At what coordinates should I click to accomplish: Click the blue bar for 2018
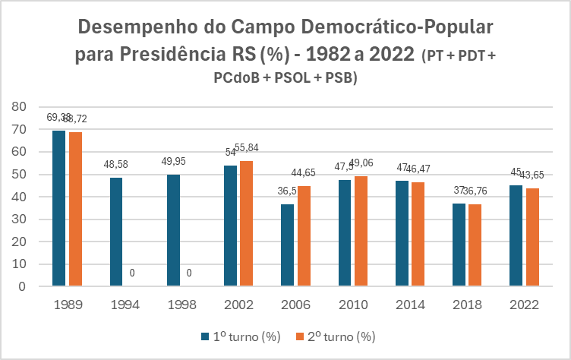click(459, 245)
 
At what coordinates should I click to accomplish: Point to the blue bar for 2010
click(345, 233)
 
